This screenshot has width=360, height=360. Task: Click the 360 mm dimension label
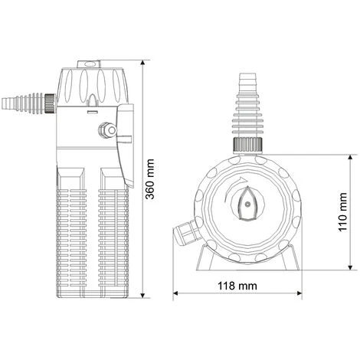pos(150,179)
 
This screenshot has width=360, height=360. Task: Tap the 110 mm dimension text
pos(342,212)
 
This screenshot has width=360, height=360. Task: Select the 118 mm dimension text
pos(237,286)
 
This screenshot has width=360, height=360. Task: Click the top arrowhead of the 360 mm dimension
pos(142,63)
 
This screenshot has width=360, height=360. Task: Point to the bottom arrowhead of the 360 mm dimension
pos(142,295)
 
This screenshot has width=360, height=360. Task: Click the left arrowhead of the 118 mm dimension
pos(176,293)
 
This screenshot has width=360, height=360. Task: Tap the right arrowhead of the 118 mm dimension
pos(299,293)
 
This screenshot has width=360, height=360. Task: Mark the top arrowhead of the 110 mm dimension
pos(351,157)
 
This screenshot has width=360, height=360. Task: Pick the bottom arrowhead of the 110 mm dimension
pos(351,267)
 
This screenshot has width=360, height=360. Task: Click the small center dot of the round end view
pos(247,204)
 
